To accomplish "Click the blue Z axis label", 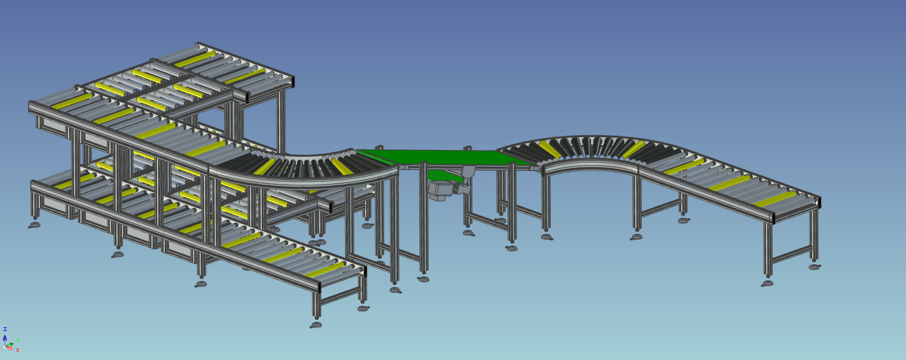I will tap(5, 329).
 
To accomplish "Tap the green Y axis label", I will tap(18, 340).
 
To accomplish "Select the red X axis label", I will tap(17, 350).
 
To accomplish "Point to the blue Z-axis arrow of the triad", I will tap(5, 337).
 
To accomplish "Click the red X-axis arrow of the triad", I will tap(10, 347).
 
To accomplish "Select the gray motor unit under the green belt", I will tap(441, 190).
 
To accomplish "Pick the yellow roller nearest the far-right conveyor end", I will tap(775, 199).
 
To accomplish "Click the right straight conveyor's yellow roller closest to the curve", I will tap(682, 165).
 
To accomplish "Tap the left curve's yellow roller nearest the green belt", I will tap(341, 165).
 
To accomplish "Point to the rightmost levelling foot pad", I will tap(816, 267).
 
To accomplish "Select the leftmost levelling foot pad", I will tap(34, 225).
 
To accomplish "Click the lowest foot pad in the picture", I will tap(316, 325).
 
